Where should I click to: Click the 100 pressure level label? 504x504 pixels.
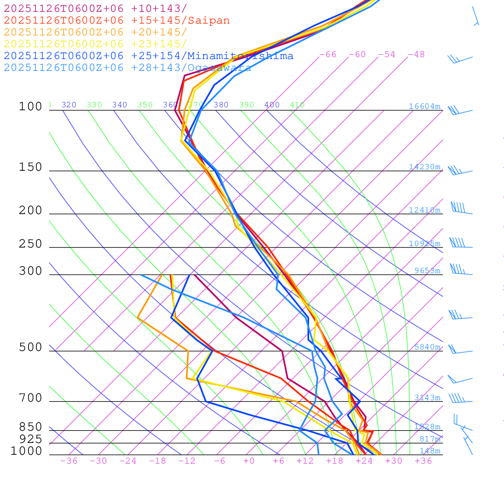(31, 106)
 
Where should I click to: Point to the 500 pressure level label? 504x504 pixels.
(31, 347)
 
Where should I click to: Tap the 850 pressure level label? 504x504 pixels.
(31, 427)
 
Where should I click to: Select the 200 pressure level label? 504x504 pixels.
(31, 211)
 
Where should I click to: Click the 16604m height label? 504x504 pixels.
(424, 106)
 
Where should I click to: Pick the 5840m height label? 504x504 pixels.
(427, 347)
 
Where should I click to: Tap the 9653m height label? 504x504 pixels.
(427, 271)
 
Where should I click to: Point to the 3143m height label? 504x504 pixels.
(427, 398)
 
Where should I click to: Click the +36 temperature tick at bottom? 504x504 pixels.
(423, 461)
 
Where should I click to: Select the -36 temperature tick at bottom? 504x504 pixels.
(68, 461)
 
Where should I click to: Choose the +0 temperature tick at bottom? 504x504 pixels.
(249, 461)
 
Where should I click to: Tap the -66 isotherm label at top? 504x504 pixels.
(327, 55)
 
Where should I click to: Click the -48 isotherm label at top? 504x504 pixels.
(416, 55)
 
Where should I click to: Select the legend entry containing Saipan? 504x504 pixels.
(117, 21)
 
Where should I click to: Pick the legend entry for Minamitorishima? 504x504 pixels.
(149, 56)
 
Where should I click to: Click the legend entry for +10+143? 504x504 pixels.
(95, 8)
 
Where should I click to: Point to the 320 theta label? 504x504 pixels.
(68, 105)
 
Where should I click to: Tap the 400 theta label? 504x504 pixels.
(272, 105)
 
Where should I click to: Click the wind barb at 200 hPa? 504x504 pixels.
(461, 209)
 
